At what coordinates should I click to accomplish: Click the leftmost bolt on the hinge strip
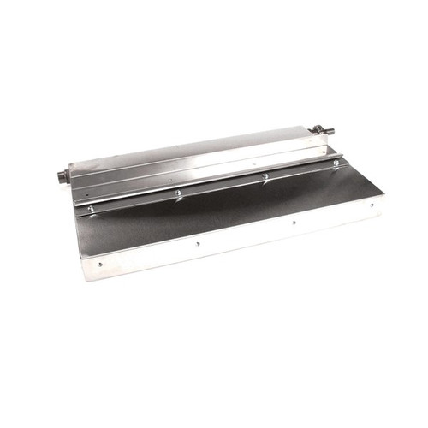tap(89, 207)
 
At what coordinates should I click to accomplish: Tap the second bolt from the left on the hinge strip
tap(178, 193)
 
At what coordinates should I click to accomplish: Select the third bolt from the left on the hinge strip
tap(265, 176)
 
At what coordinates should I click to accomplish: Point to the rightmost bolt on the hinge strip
tap(336, 163)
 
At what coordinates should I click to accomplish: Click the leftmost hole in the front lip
tap(100, 265)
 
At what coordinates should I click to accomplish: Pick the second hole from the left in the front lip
tap(198, 243)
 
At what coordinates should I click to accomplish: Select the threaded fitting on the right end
tap(325, 130)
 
